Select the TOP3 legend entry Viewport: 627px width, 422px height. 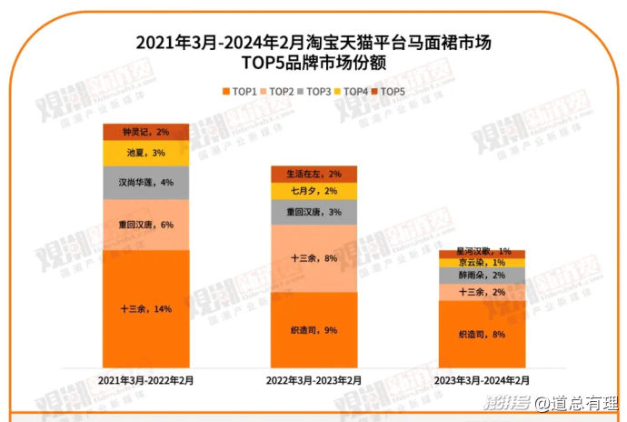pyautogui.click(x=314, y=91)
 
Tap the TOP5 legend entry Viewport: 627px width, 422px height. pyautogui.click(x=387, y=91)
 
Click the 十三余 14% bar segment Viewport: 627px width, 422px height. pyautogui.click(x=145, y=308)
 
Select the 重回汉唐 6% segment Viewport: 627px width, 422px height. pyautogui.click(x=145, y=224)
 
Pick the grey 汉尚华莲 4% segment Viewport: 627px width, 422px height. pyautogui.click(x=145, y=182)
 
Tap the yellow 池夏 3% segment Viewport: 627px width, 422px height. pyautogui.click(x=145, y=153)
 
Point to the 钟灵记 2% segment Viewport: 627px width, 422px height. pyautogui.click(x=145, y=131)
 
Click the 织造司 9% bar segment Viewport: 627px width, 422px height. pyautogui.click(x=313, y=329)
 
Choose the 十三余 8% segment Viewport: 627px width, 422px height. pyautogui.click(x=313, y=259)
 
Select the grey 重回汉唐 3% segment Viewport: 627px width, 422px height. pyautogui.click(x=313, y=212)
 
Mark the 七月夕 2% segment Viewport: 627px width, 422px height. pyautogui.click(x=313, y=191)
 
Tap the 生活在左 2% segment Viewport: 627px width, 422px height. pyautogui.click(x=313, y=174)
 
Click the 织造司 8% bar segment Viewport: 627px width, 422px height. pyautogui.click(x=482, y=334)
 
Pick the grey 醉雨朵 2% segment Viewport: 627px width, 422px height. pyautogui.click(x=482, y=275)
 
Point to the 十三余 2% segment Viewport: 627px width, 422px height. pyautogui.click(x=482, y=291)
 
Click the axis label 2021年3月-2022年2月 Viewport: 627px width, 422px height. pyautogui.click(x=145, y=381)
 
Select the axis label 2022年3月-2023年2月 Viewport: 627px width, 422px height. pyautogui.click(x=313, y=381)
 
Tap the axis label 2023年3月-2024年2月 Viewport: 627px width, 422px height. pyautogui.click(x=482, y=381)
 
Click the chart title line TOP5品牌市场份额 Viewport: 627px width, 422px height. pyautogui.click(x=313, y=62)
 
